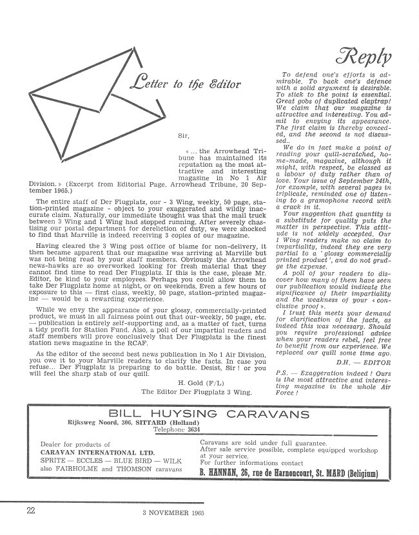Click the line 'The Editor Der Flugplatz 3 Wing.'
coord(197,391)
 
